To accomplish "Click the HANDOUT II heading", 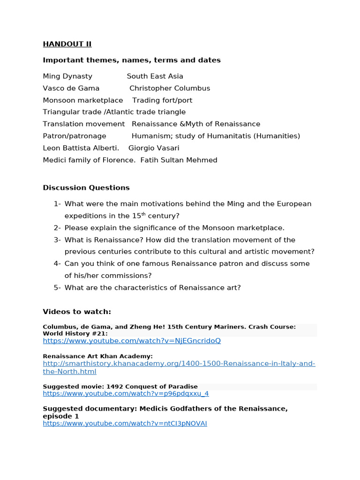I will tap(67, 44).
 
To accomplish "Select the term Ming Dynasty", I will tap(67, 76).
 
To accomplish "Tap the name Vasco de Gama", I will tap(71, 88).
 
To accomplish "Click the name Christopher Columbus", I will tap(170, 88).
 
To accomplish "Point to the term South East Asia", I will tap(155, 76).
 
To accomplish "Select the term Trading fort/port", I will tap(162, 100).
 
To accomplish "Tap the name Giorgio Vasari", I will tap(154, 148).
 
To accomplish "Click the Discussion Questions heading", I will tap(86, 187).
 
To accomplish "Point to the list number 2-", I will tap(57, 228).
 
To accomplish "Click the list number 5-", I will tap(57, 287).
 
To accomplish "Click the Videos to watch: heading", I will tap(77, 312).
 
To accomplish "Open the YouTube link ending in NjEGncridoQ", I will tap(131, 341).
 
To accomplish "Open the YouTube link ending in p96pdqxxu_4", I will tap(126, 394).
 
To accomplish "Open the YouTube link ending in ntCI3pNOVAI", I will tap(125, 423).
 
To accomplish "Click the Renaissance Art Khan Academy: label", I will tap(97, 356).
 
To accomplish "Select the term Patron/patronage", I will tap(74, 136).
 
